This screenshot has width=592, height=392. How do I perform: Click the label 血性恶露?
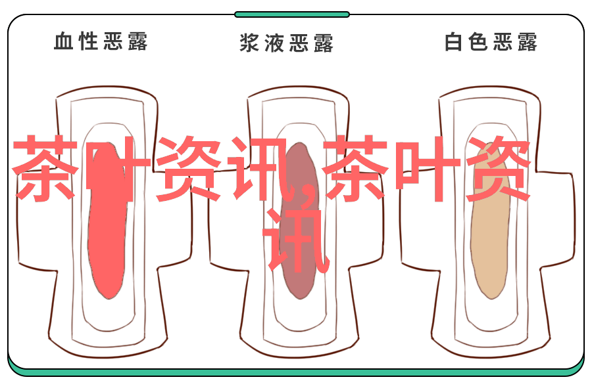pos(101,41)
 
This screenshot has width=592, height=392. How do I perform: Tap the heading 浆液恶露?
pos(287,43)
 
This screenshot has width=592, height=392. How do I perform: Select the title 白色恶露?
pos(491,41)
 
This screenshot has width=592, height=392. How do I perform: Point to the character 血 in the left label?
pos(64,41)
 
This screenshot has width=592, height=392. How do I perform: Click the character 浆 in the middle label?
pos(249,43)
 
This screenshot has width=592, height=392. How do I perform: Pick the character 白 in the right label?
pos(453,41)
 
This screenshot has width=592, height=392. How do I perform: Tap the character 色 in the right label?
pos(478,41)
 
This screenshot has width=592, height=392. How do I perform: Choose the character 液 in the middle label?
pos(274,43)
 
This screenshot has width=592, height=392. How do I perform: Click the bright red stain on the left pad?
pos(107,221)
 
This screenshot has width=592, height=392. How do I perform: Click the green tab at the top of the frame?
pos(292,14)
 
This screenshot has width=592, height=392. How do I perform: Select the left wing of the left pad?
pos(37,219)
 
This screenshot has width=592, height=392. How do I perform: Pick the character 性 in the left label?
pos(88,41)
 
